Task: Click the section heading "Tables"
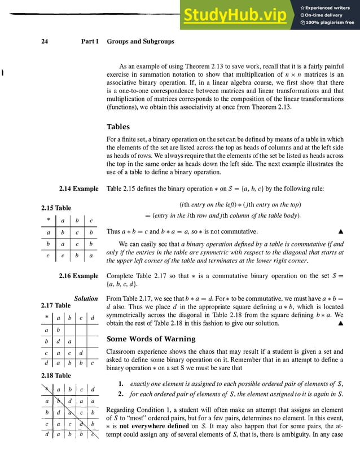pos(118,127)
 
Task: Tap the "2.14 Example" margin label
pos(78,189)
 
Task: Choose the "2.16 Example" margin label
pos(78,276)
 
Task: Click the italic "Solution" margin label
pos(86,298)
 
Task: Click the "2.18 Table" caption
pos(56,375)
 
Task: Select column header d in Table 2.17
pos(93,318)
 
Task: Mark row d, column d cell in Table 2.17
pos(93,363)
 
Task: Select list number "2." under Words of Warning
pos(121,394)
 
